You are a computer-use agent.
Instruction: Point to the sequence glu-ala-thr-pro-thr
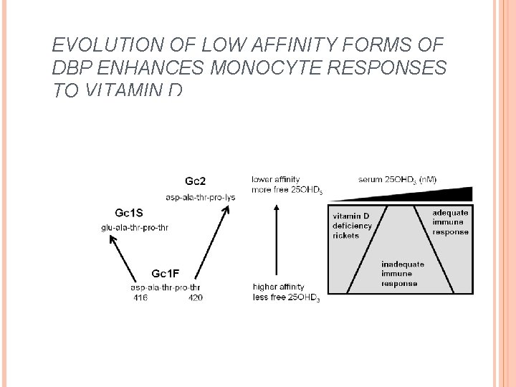coord(134,228)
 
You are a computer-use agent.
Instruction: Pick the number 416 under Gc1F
coord(140,298)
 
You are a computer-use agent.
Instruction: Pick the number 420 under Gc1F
coord(195,298)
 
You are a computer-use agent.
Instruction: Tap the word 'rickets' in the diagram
coord(346,236)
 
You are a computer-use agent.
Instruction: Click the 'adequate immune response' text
coord(450,222)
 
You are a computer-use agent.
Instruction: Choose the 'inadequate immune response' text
coord(402,273)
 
